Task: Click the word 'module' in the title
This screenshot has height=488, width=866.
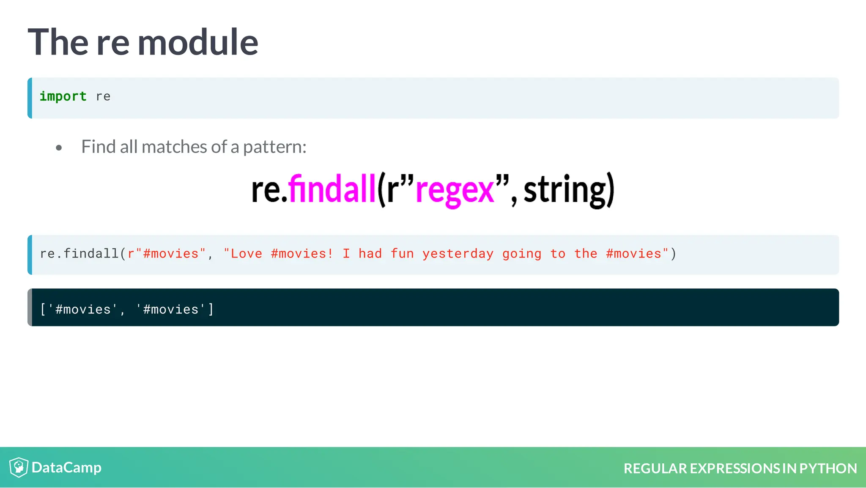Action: click(x=197, y=42)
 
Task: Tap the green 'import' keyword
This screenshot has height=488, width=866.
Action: click(x=63, y=96)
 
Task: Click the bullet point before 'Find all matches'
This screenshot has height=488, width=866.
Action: click(x=59, y=148)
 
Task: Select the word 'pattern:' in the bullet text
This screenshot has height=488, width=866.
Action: click(x=274, y=147)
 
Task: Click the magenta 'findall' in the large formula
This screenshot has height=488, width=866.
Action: click(x=332, y=189)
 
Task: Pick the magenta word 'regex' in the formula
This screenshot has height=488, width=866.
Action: click(x=455, y=190)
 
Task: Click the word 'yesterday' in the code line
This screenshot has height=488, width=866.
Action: click(x=458, y=254)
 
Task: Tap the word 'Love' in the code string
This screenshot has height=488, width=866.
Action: click(x=247, y=254)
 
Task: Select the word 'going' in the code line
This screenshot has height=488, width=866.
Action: click(x=522, y=254)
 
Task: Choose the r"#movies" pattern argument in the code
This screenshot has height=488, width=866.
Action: click(x=167, y=254)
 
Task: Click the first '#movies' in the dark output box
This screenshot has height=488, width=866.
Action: click(x=83, y=310)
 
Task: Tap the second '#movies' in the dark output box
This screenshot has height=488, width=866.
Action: click(x=171, y=310)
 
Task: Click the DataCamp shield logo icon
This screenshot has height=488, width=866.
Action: click(x=19, y=467)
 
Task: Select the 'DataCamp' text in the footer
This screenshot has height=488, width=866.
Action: click(x=66, y=468)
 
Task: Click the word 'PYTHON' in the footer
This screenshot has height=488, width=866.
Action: click(x=828, y=469)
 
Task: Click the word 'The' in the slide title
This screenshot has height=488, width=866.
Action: click(x=58, y=42)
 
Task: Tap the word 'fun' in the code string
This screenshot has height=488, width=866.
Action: click(x=402, y=254)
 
